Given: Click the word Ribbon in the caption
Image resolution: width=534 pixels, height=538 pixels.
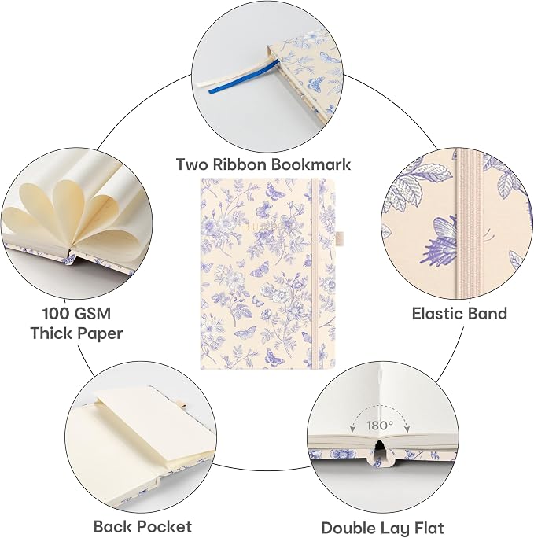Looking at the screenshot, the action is (239, 164).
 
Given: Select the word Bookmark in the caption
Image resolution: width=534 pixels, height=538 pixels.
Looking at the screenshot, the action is (311, 164).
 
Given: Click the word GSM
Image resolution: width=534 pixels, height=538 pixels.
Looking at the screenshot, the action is (94, 314).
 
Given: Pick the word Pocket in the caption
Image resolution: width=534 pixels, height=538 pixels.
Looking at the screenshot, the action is (167, 527).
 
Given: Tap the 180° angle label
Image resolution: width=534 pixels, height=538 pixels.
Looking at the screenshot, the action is (380, 426).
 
